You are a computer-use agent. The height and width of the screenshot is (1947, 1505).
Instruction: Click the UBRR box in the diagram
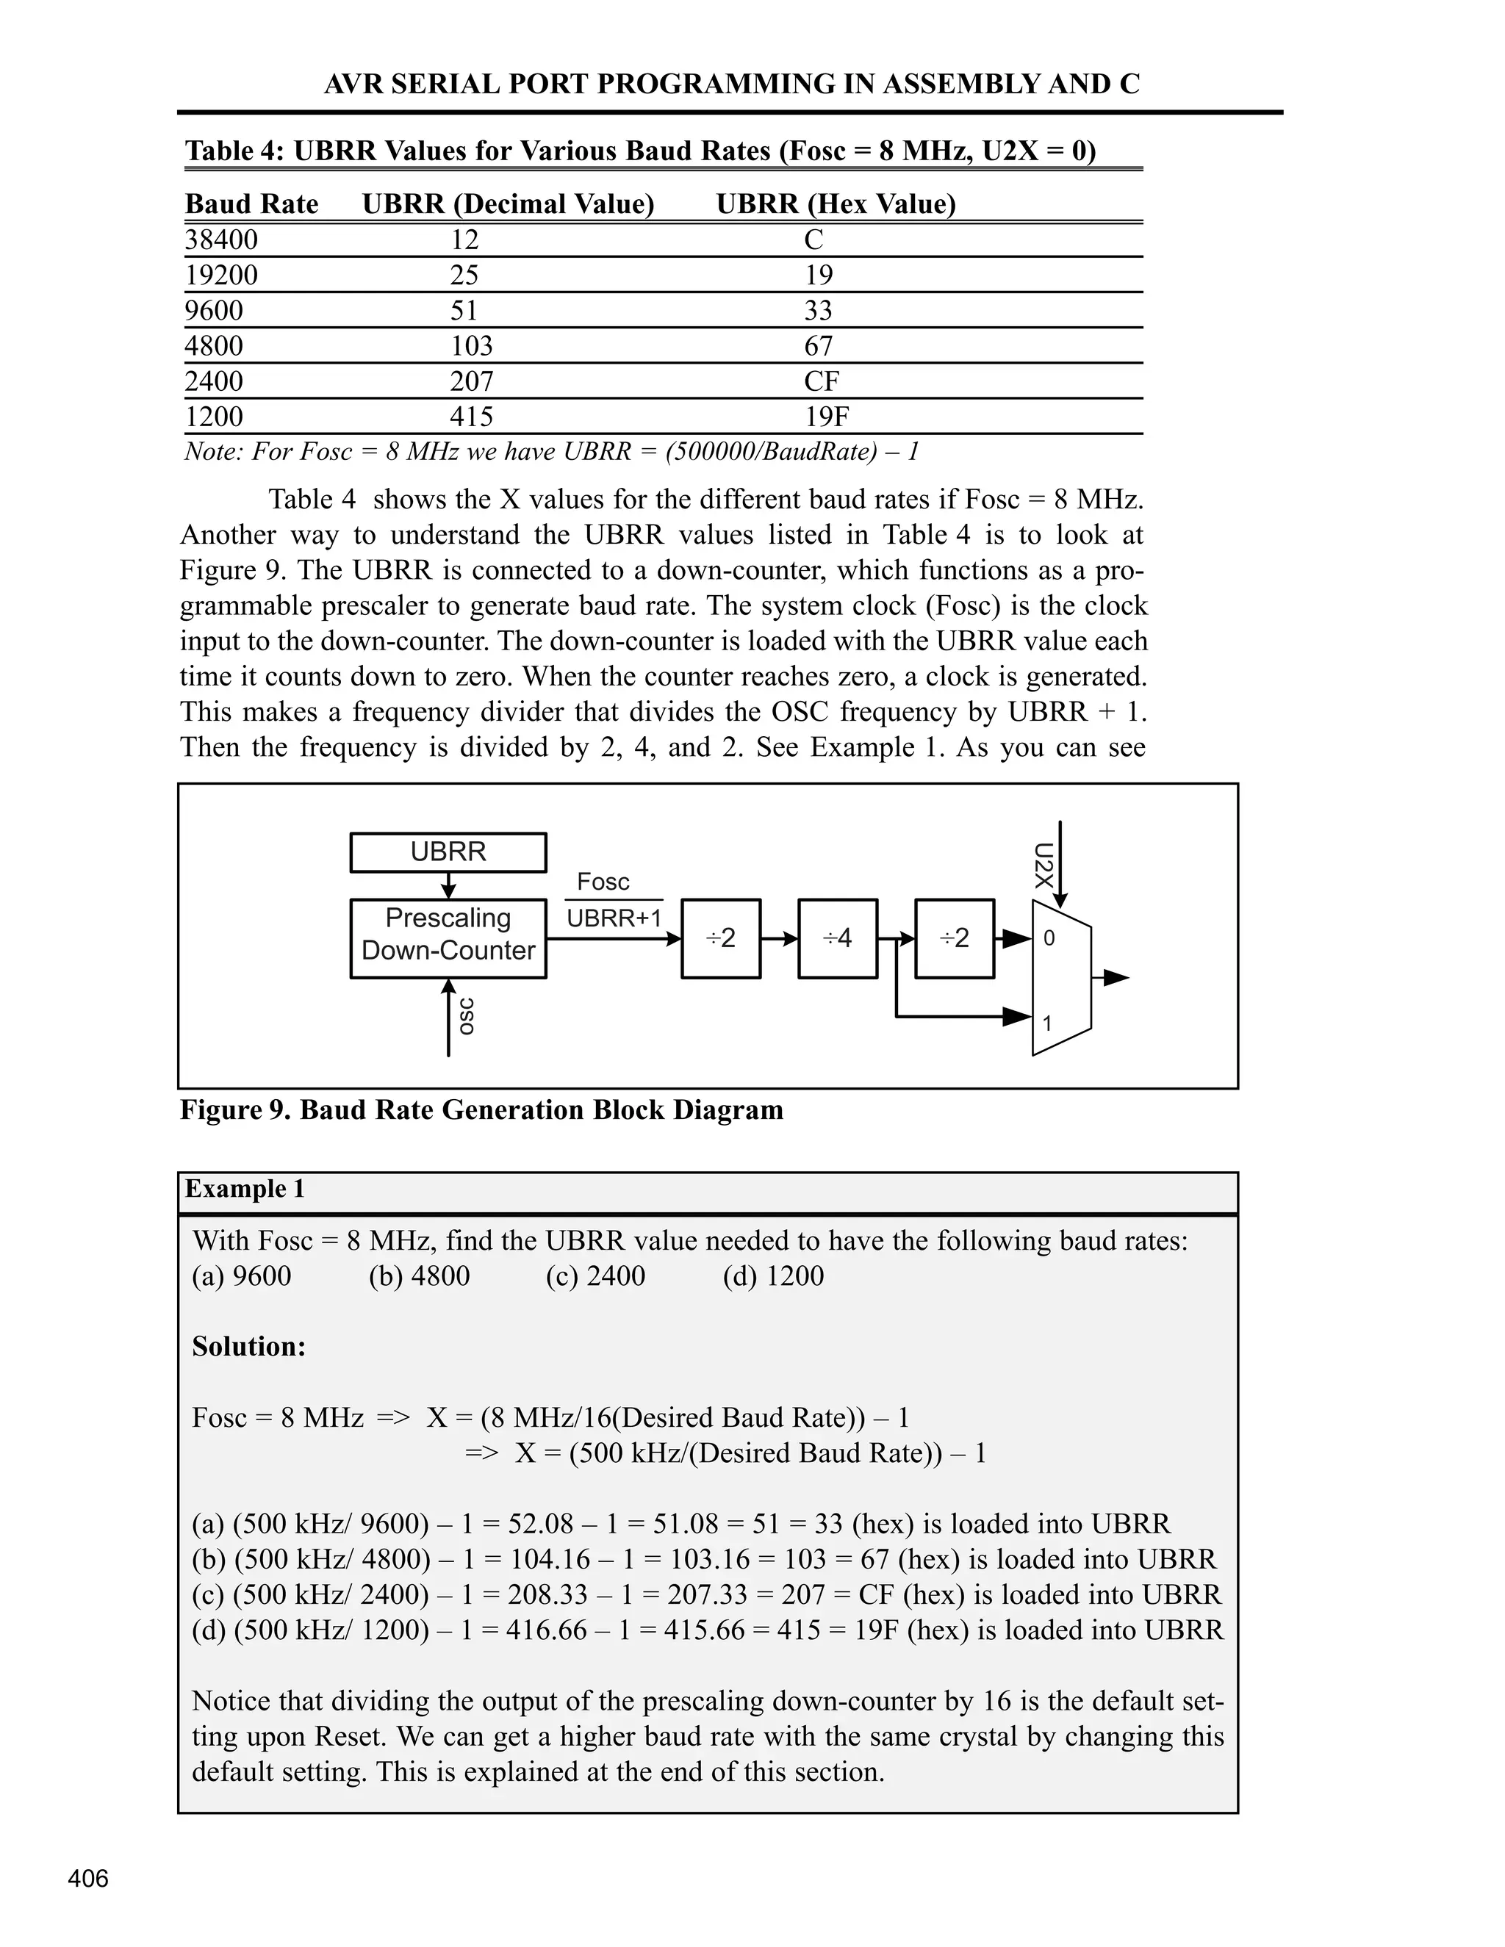pyautogui.click(x=448, y=852)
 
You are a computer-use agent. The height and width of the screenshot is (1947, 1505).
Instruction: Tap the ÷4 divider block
pyautogui.click(x=837, y=937)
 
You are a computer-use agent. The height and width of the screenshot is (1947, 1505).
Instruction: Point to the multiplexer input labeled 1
pyautogui.click(x=1048, y=1023)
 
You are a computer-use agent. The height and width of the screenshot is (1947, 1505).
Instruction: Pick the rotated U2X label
pyautogui.click(x=1044, y=865)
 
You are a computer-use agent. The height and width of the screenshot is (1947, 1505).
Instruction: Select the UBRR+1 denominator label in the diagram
pyautogui.click(x=614, y=918)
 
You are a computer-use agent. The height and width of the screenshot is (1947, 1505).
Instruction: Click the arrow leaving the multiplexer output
pyautogui.click(x=1115, y=978)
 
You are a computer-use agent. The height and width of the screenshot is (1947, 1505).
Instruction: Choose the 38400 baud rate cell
pyautogui.click(x=221, y=240)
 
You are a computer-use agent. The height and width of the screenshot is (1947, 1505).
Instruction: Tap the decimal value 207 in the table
pyautogui.click(x=472, y=381)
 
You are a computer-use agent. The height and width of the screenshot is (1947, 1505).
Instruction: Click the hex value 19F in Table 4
pyautogui.click(x=827, y=417)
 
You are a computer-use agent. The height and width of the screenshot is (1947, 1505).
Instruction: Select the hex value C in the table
pyautogui.click(x=813, y=240)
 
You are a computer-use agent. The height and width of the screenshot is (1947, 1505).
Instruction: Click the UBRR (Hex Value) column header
pyautogui.click(x=836, y=204)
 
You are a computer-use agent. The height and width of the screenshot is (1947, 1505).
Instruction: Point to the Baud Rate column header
pyautogui.click(x=251, y=204)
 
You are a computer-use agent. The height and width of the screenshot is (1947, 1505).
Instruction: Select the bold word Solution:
pyautogui.click(x=249, y=1346)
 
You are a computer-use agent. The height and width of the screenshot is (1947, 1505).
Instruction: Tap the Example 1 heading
pyautogui.click(x=245, y=1190)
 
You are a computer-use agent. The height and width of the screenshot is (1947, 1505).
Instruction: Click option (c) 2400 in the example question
pyautogui.click(x=595, y=1275)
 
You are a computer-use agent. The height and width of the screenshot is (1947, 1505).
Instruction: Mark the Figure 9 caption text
pyautogui.click(x=481, y=1110)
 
